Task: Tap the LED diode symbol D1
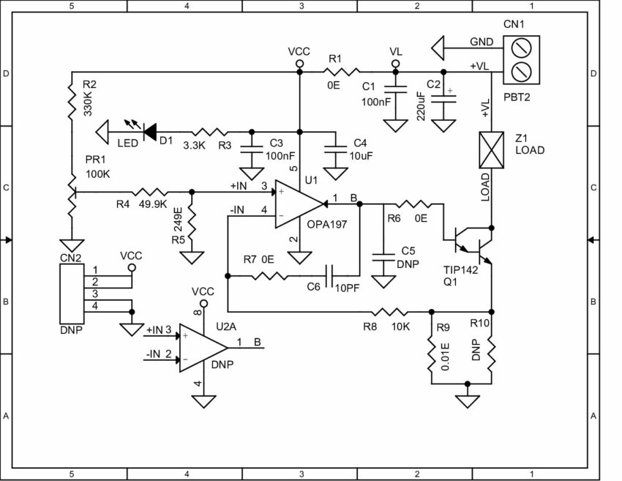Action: [151, 131]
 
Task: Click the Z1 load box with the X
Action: [491, 149]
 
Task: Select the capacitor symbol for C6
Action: [330, 276]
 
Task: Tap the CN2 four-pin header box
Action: [70, 292]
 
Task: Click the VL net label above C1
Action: [396, 53]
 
